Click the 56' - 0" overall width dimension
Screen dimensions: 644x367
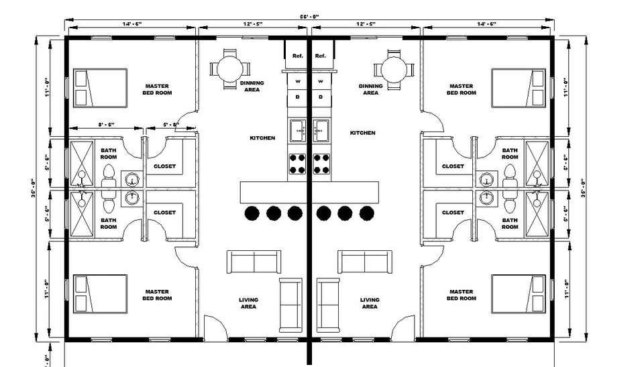(309, 17)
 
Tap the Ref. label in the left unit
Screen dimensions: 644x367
(298, 56)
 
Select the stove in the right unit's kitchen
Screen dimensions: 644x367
(321, 164)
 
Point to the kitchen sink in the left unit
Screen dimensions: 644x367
(298, 131)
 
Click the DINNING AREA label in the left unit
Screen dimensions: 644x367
(252, 87)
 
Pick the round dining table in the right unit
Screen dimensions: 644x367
(394, 70)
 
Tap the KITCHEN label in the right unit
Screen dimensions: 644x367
(363, 133)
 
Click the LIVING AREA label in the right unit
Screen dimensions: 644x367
(370, 303)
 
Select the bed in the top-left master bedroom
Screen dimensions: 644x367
(100, 88)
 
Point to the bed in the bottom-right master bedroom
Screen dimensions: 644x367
(519, 294)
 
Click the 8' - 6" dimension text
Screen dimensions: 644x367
(106, 125)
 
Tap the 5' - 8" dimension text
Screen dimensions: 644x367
(171, 125)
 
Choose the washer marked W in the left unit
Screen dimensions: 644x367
(298, 81)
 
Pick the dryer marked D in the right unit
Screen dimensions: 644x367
(321, 97)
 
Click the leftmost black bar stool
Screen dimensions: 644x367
(252, 213)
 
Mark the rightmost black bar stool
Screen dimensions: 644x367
(367, 213)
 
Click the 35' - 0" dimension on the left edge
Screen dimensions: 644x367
(34, 189)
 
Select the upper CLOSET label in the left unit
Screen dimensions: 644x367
(165, 166)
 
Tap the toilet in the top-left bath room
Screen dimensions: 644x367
(109, 176)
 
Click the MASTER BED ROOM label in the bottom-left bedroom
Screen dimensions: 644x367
(157, 295)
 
